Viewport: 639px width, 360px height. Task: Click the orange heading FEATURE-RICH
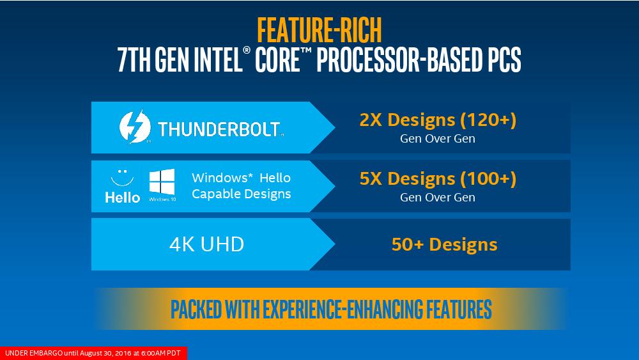point(319,30)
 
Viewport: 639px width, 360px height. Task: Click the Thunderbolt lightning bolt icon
point(135,127)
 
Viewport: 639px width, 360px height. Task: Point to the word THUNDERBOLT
point(219,129)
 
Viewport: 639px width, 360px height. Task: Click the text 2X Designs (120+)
point(438,120)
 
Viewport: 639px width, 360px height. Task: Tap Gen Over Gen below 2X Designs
point(438,139)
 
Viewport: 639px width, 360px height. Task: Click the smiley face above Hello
point(122,178)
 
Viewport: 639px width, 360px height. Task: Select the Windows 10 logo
point(162,185)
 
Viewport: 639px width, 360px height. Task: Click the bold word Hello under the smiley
point(122,198)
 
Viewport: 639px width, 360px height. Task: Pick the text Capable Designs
point(242,194)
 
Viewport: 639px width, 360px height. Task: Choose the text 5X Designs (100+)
point(438,178)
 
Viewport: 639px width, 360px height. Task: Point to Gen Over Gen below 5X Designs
point(438,198)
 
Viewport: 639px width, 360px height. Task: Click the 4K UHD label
point(206,244)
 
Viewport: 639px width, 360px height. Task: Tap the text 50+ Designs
point(444,245)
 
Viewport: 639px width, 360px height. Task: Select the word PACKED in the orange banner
point(196,309)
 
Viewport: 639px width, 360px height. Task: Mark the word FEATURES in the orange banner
point(459,309)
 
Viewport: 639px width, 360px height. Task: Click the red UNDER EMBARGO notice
point(93,353)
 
